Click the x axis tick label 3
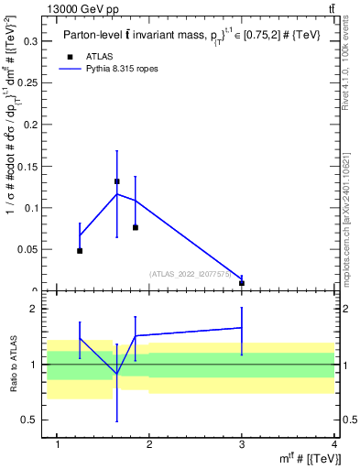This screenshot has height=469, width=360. point(242,445)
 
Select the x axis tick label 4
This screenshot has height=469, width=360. point(333,445)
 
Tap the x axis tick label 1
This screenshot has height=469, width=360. point(58,445)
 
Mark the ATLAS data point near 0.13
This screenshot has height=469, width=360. point(116,181)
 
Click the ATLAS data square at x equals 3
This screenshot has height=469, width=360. point(242,283)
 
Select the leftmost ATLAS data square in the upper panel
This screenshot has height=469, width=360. point(80,250)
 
